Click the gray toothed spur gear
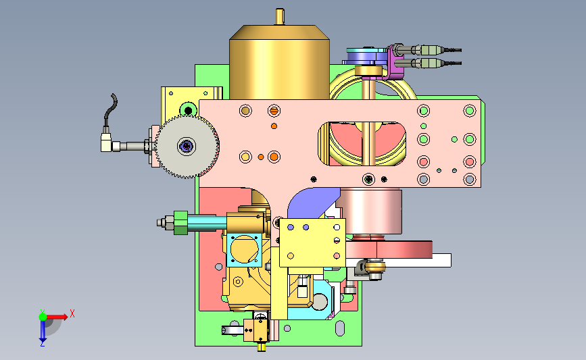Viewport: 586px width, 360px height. coord(187,147)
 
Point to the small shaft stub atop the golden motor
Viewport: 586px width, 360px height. coord(280,17)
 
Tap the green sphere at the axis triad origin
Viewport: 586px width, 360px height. coord(43,317)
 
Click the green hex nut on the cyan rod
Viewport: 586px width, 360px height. coord(180,223)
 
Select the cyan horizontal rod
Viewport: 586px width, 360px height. coord(207,223)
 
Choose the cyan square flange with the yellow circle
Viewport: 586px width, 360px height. coord(244,249)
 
